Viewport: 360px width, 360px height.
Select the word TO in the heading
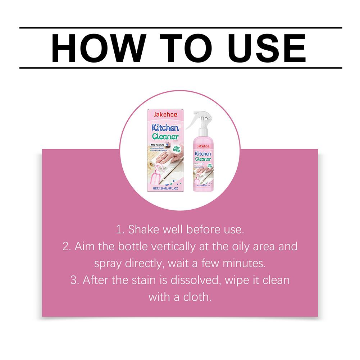(x=181, y=48)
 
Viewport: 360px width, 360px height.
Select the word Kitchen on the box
(x=165, y=127)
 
